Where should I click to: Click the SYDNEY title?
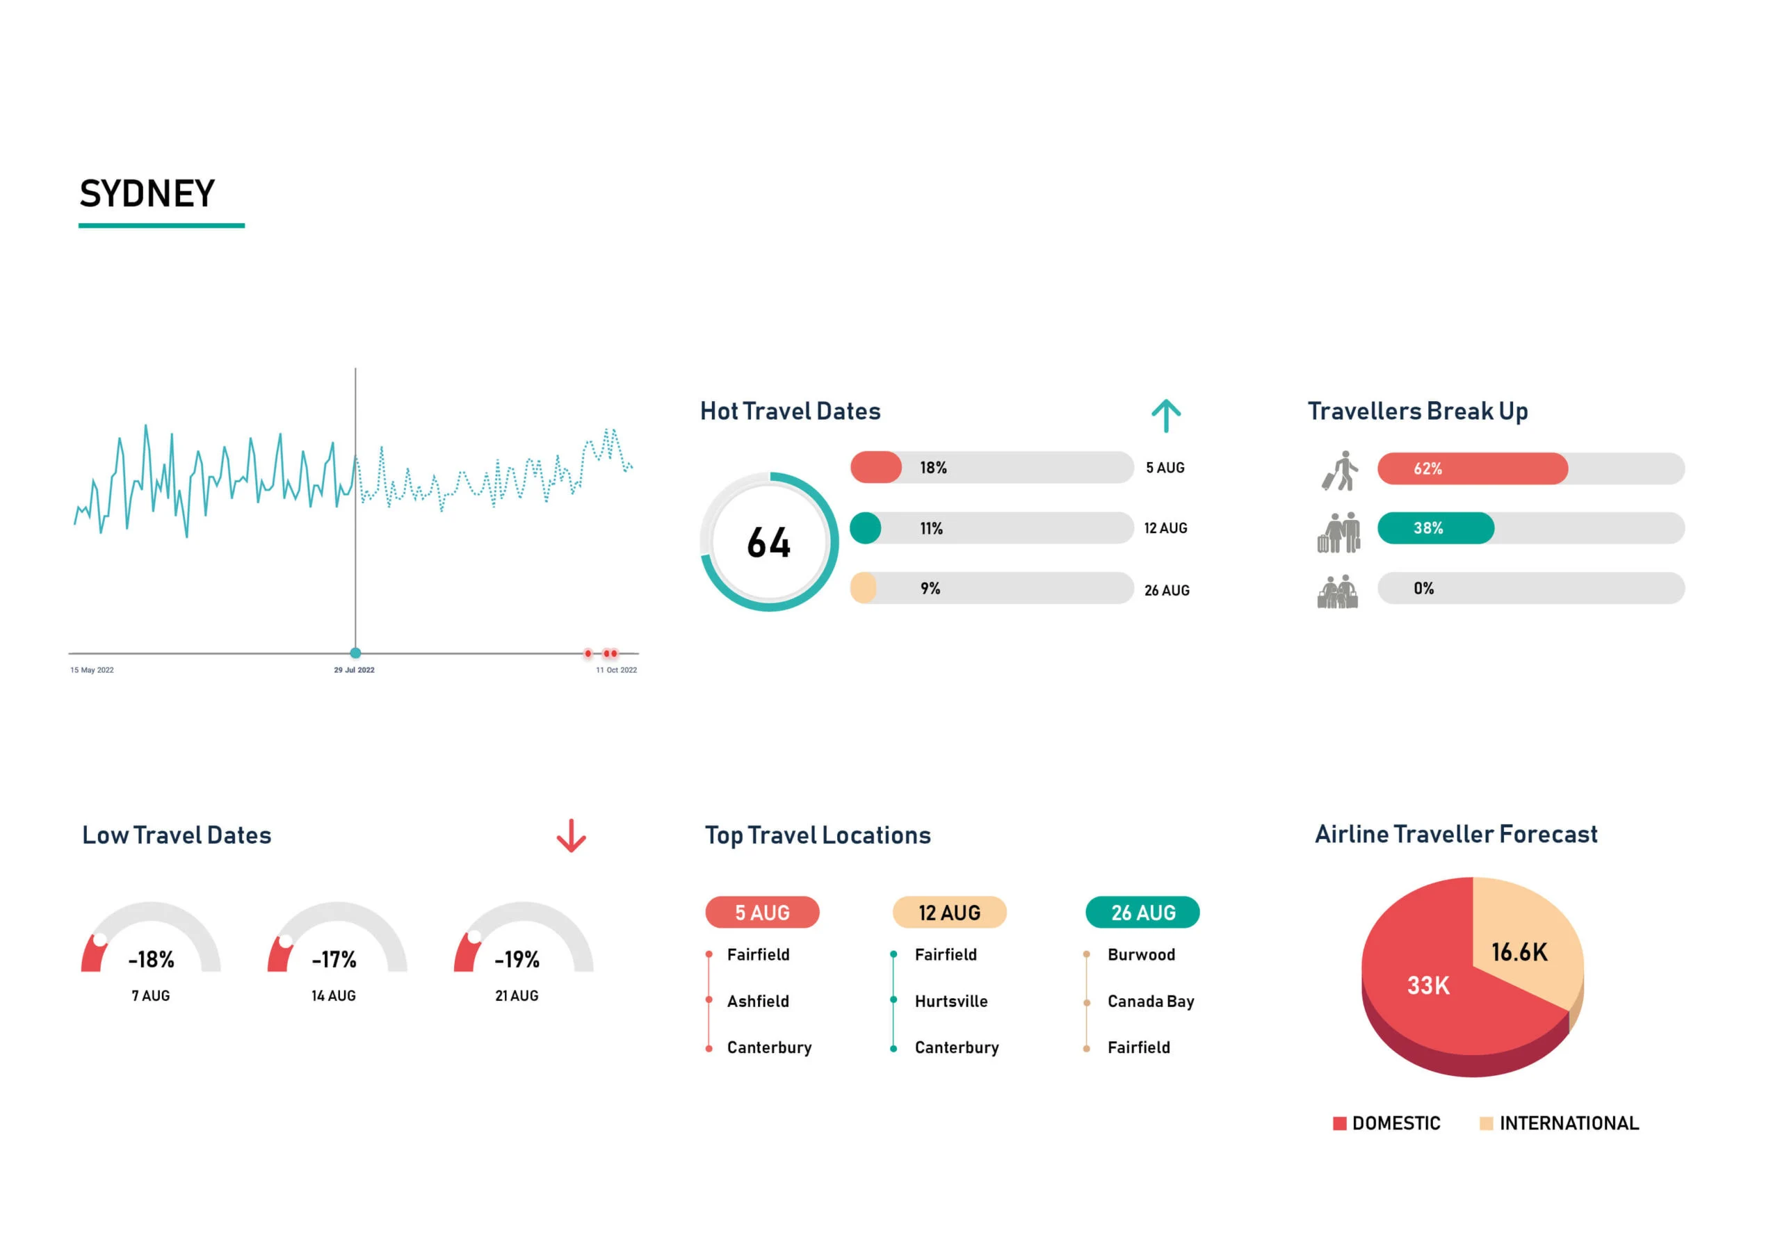point(147,194)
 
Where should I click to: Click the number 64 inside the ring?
point(768,543)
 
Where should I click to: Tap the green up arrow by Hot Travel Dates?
point(1165,416)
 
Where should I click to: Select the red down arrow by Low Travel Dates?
point(572,835)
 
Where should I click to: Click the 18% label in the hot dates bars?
point(932,467)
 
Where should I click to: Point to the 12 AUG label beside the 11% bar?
point(1165,528)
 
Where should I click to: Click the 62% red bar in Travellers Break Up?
point(1471,468)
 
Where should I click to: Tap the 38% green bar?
point(1435,528)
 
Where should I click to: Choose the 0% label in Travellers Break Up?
point(1423,588)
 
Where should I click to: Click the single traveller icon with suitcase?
point(1341,471)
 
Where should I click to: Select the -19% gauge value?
point(517,960)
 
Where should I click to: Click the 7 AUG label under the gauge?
point(150,995)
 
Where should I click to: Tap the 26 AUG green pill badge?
point(1142,913)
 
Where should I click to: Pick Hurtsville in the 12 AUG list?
point(950,1001)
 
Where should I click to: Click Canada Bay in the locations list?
point(1151,1001)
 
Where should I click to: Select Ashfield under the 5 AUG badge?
point(757,1001)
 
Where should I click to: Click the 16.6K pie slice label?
point(1519,951)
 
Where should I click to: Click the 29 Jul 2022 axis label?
point(355,670)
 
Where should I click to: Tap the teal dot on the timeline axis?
point(356,653)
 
